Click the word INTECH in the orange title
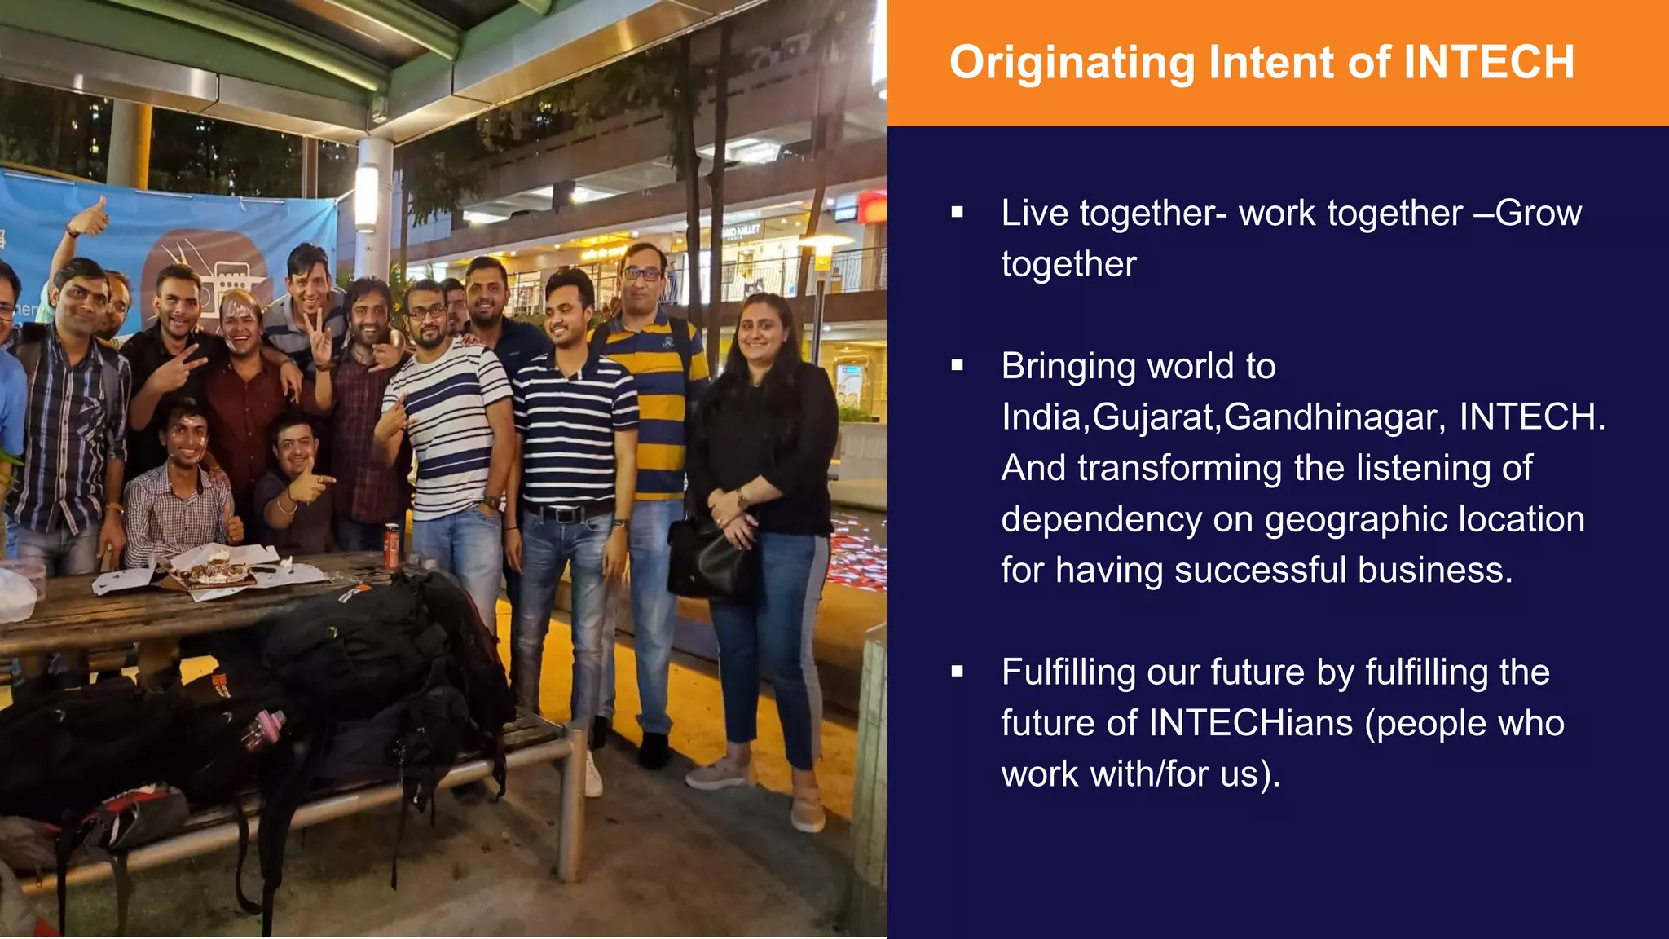point(1489,63)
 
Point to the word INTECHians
point(1250,723)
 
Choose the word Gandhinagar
point(1335,417)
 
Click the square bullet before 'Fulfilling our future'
point(958,672)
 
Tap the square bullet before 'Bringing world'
point(958,366)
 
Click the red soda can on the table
point(392,544)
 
